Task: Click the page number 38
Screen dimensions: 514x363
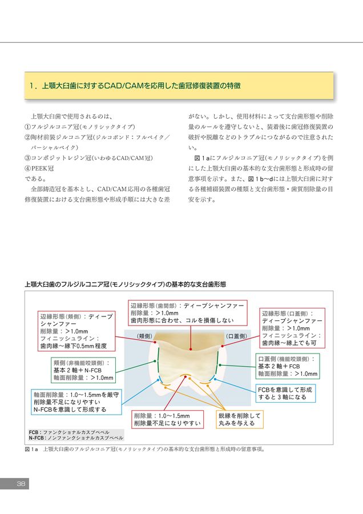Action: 21,484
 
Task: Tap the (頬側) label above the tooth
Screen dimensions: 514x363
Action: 144,336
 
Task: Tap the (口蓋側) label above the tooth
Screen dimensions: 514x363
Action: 235,336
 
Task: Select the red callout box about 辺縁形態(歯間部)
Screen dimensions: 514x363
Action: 188,313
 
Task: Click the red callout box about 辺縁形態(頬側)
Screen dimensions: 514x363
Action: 76,331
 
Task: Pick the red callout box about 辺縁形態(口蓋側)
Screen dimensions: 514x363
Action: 292,328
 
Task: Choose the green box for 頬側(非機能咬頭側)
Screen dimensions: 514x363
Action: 83,370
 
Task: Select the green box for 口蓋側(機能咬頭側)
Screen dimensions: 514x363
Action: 287,366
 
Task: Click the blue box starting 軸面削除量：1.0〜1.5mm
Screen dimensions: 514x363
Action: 76,402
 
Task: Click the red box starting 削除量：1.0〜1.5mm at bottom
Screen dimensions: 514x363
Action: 167,420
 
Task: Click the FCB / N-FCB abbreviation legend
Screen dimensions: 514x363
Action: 75,435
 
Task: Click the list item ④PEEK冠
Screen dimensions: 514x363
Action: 40,168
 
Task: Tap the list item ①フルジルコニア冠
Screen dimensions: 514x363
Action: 79,127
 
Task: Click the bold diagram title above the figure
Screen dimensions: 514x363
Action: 125,284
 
